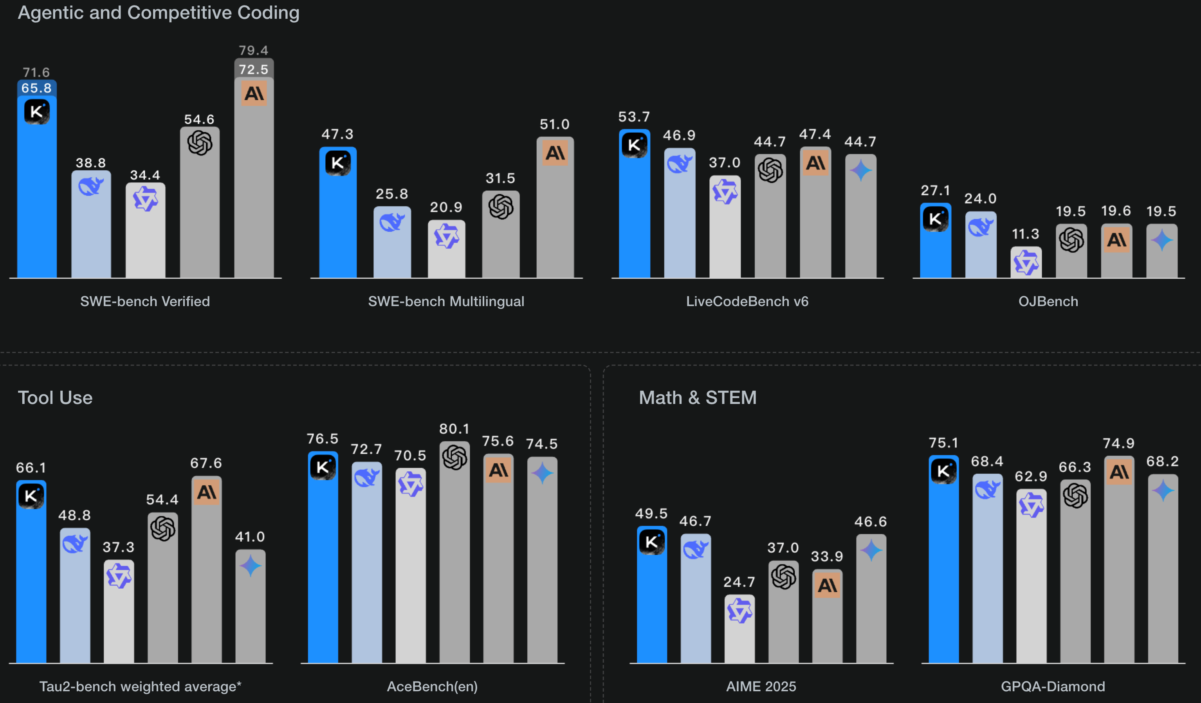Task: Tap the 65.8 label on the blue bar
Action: [36, 88]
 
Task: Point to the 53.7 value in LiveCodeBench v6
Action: [634, 117]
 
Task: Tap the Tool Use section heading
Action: [55, 398]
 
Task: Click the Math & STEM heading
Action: [697, 398]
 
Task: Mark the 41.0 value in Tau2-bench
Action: [250, 537]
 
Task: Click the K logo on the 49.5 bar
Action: [651, 541]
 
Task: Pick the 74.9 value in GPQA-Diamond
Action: [1118, 443]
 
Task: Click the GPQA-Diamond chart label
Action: [1052, 686]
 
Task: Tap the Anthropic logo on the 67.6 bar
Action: [206, 492]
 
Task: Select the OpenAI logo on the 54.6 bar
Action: [200, 142]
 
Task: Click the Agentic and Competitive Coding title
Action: [159, 13]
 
